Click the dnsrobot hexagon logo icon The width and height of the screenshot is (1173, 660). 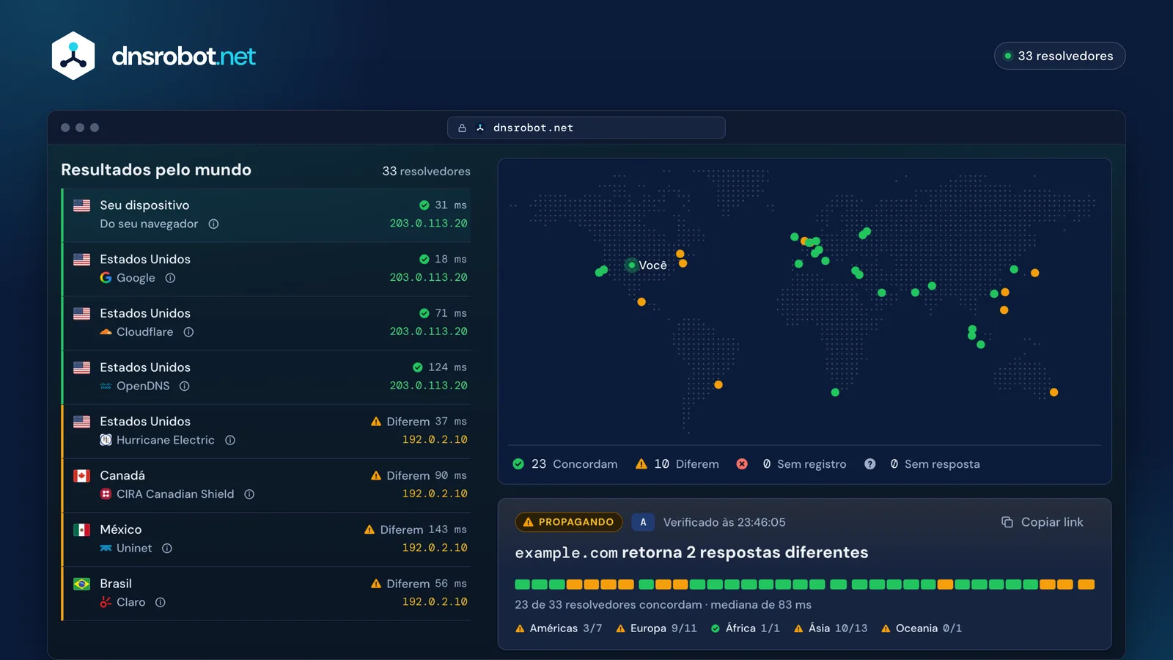(73, 56)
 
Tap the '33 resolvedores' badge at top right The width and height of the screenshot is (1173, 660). (1059, 56)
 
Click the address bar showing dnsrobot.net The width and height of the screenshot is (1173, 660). (586, 128)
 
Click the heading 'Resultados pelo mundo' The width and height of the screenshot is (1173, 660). (156, 169)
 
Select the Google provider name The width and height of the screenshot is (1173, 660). (136, 278)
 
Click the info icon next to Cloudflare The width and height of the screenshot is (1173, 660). (188, 332)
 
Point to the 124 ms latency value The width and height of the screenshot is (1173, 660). (447, 367)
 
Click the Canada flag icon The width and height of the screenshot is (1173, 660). (81, 476)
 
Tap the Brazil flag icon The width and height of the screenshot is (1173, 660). (81, 584)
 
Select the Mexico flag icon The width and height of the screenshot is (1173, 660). (81, 529)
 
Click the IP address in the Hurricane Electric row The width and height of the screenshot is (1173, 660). (435, 439)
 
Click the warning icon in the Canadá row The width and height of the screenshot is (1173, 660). (376, 476)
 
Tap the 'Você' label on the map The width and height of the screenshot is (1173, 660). (652, 265)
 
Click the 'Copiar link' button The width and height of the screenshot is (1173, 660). (1042, 522)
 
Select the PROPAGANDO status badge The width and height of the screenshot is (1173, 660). (569, 522)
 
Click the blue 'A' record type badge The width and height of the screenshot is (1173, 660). (643, 522)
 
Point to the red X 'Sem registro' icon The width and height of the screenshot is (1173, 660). (742, 464)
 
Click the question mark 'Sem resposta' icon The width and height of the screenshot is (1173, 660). (869, 464)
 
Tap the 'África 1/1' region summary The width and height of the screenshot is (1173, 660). (746, 628)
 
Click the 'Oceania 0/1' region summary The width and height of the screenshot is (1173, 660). (922, 628)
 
